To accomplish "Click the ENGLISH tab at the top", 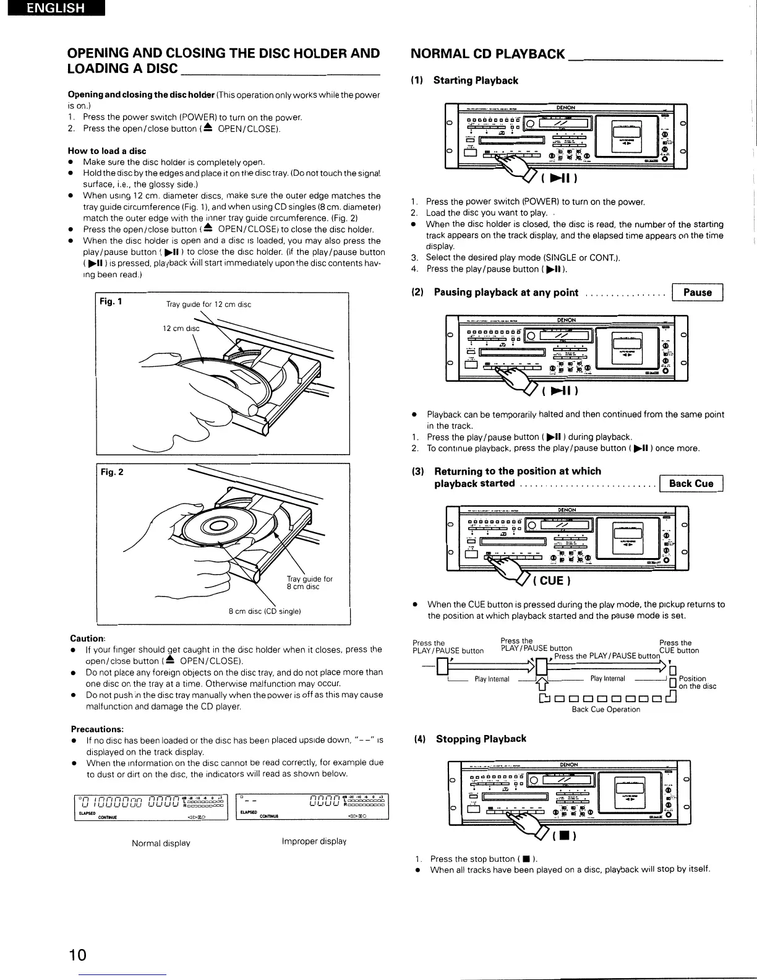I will [53, 9].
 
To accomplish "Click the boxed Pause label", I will [697, 293].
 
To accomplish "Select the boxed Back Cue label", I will [691, 484].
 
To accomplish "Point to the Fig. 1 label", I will [111, 302].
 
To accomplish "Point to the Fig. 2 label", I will [112, 472].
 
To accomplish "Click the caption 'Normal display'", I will [161, 843].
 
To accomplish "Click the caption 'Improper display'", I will [314, 841].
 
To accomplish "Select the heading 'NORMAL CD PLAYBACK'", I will [488, 54].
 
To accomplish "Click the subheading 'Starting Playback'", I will [475, 80].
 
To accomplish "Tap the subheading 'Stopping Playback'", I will [481, 739].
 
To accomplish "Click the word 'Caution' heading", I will [87, 638].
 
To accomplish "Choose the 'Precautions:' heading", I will [97, 729].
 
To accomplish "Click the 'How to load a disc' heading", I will [106, 151].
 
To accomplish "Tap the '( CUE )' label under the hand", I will [551, 580].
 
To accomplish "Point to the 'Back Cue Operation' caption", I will [605, 710].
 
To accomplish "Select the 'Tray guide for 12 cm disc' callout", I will [208, 304].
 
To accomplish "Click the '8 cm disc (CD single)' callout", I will [264, 612].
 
